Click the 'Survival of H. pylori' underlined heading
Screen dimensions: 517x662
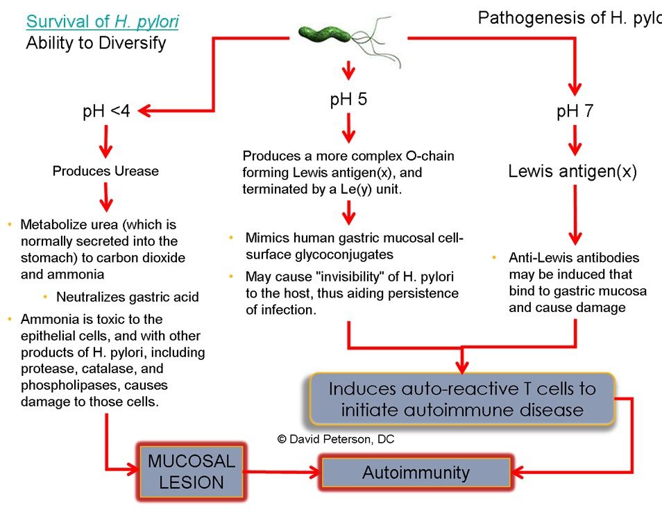click(102, 22)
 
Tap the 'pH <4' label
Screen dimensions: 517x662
click(105, 112)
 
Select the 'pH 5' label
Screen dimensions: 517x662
click(348, 100)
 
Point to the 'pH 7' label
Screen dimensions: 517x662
click(575, 112)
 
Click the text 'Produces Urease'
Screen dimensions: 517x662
click(105, 171)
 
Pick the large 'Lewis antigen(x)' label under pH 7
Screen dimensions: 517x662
click(572, 172)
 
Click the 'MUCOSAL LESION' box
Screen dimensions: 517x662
click(192, 473)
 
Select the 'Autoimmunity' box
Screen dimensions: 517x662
click(416, 473)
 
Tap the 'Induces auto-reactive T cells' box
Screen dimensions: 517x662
click(462, 399)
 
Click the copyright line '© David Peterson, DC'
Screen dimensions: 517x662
click(336, 439)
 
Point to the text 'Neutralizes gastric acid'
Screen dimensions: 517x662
click(128, 297)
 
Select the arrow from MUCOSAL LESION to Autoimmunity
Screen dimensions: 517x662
click(282, 473)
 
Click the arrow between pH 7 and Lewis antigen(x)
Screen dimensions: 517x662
click(575, 141)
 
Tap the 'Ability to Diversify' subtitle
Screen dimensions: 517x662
click(96, 43)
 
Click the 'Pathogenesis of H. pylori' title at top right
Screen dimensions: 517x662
click(569, 18)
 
